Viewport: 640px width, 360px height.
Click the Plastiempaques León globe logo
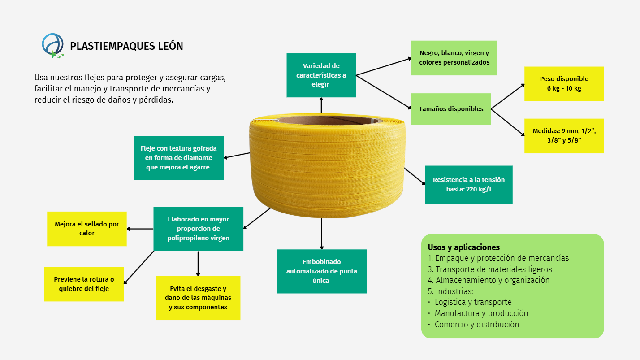pos(53,46)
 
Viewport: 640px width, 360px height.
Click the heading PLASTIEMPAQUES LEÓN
pos(126,46)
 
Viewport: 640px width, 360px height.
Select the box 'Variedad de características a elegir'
pos(321,75)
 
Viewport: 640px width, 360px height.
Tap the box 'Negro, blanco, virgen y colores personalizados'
pos(454,58)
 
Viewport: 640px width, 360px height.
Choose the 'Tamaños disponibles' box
pos(451,109)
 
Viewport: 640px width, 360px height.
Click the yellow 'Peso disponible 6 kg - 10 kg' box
pos(564,84)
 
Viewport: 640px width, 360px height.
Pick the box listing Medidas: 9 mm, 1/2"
pos(564,136)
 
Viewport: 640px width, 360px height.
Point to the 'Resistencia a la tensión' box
pos(469,185)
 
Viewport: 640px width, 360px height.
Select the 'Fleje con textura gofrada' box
pos(178,158)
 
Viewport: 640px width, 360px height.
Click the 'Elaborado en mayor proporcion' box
pos(198,229)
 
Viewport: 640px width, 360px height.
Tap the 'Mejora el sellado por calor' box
pos(87,229)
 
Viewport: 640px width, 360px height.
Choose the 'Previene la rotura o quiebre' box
pos(84,284)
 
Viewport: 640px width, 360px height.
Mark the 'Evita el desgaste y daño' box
pos(198,298)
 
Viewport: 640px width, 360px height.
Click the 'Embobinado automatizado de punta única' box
pos(322,271)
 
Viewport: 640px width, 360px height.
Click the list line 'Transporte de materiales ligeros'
pos(490,269)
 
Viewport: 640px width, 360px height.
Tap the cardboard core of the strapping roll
pos(329,120)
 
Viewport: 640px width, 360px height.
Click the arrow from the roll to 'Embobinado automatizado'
pos(322,234)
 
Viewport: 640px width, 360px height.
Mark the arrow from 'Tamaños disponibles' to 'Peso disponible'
pos(508,96)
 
